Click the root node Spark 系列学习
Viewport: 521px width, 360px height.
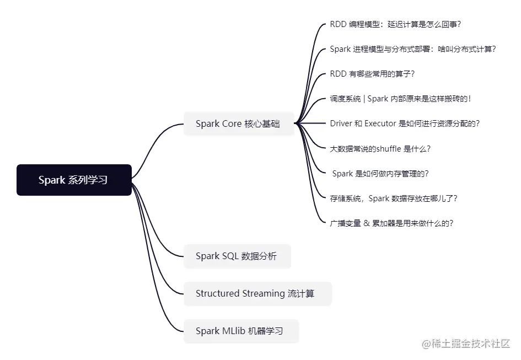pyautogui.click(x=74, y=180)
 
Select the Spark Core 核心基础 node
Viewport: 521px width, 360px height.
pyautogui.click(x=238, y=123)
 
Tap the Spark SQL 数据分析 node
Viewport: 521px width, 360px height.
pyautogui.click(x=236, y=256)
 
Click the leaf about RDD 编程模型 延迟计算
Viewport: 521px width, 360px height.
pyautogui.click(x=395, y=24)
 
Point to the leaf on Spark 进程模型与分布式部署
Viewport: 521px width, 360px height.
pyautogui.click(x=412, y=49)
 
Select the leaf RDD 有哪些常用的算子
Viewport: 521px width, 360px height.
pyautogui.click(x=372, y=74)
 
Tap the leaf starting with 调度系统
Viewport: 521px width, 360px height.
pyautogui.click(x=400, y=99)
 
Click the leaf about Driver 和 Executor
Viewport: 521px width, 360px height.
pyautogui.click(x=405, y=123)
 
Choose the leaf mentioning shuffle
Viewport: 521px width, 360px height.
pyautogui.click(x=380, y=148)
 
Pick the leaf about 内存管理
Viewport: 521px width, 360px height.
pyautogui.click(x=380, y=174)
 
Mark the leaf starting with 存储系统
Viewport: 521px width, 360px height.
pyautogui.click(x=393, y=198)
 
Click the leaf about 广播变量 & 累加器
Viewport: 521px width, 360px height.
pyautogui.click(x=391, y=223)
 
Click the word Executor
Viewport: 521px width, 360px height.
pyautogui.click(x=380, y=123)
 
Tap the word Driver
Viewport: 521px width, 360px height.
pyautogui.click(x=341, y=123)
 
